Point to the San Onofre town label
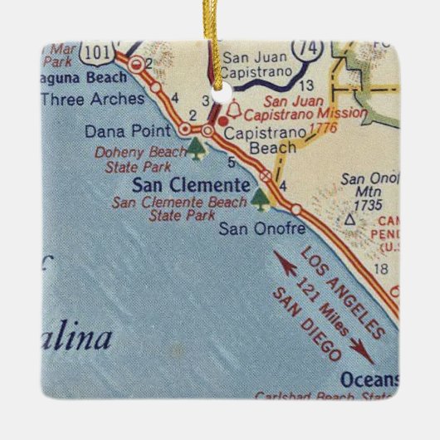262,226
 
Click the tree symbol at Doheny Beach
196,149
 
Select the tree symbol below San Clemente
262,198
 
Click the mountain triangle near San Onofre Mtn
350,220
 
